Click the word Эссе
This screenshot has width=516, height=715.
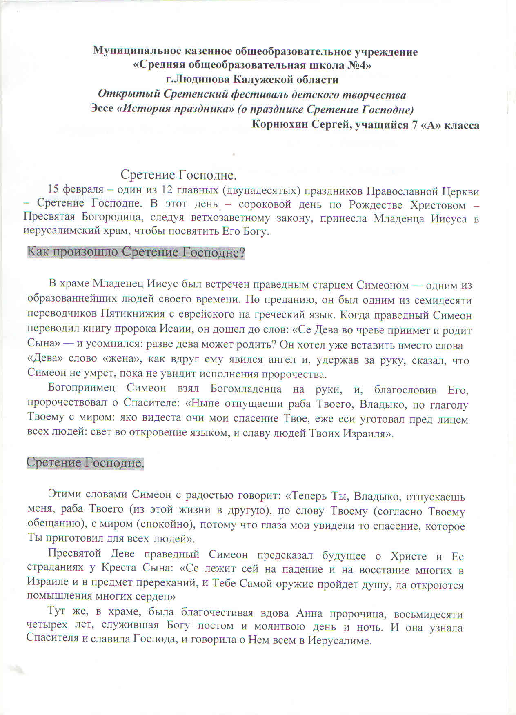101,109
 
